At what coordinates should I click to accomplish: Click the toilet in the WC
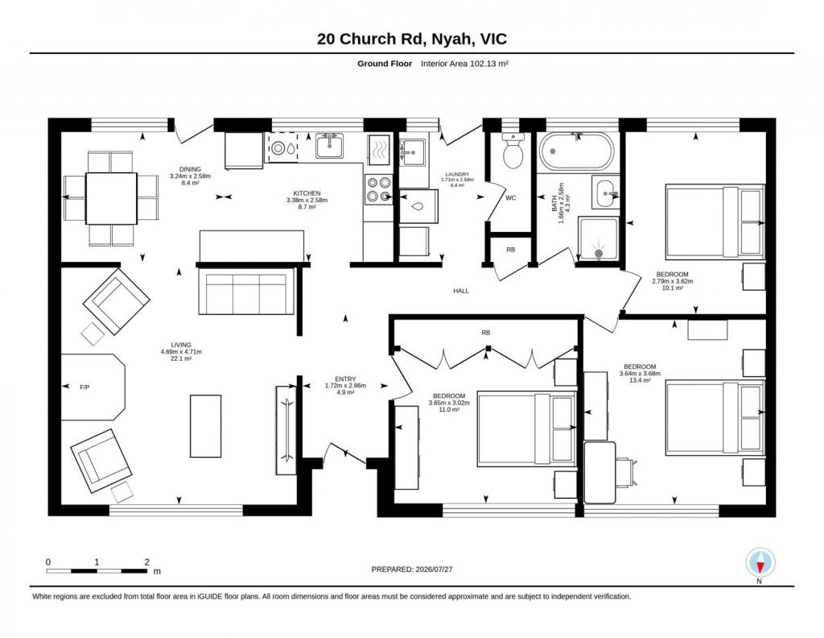[x=513, y=150]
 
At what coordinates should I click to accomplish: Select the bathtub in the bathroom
[x=576, y=151]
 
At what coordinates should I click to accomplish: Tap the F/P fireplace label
[x=84, y=387]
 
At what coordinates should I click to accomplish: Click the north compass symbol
[x=760, y=563]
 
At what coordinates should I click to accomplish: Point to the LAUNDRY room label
[x=457, y=175]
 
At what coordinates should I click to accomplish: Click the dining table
[x=111, y=198]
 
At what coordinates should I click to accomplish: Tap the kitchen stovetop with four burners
[x=379, y=189]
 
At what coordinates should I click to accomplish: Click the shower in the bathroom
[x=598, y=238]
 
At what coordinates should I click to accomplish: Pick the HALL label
[x=461, y=291]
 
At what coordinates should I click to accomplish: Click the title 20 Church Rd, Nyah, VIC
[x=412, y=39]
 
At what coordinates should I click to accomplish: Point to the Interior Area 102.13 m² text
[x=464, y=64]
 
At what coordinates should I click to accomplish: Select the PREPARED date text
[x=412, y=569]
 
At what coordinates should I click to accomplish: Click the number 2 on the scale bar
[x=146, y=561]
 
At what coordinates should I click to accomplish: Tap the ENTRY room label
[x=345, y=379]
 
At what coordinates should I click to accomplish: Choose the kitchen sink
[x=329, y=146]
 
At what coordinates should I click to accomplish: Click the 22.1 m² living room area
[x=181, y=358]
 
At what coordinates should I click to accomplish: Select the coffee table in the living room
[x=205, y=426]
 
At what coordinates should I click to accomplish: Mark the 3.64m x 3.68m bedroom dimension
[x=640, y=374]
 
